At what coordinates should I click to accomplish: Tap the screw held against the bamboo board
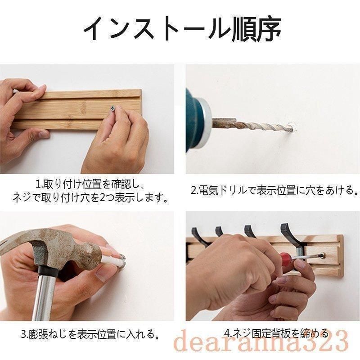(112, 108)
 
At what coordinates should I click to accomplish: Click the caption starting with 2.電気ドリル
(274, 190)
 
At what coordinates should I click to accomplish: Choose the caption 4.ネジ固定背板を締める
(276, 333)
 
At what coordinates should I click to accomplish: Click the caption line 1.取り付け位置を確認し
(90, 184)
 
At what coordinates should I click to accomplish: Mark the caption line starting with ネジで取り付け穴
(90, 198)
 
